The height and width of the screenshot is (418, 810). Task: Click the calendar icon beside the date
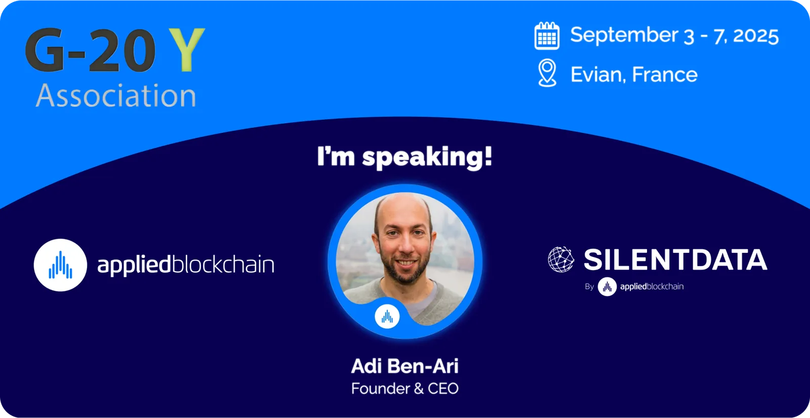pos(547,35)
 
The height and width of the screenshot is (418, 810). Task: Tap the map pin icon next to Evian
pos(547,73)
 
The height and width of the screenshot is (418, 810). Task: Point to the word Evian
pos(598,74)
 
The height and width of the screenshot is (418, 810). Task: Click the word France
pos(665,74)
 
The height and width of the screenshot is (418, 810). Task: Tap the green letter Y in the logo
pos(187,50)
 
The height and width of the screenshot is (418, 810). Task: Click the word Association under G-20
pos(116,96)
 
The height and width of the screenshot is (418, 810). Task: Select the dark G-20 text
pos(91,50)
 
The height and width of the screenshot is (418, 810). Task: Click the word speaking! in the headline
pos(427,158)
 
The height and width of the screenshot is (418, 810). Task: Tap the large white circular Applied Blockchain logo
pos(60,265)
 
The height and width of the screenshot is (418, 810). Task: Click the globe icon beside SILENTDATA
pos(561,259)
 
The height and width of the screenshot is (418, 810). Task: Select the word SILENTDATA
pos(675,259)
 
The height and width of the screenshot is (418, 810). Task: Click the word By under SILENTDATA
pos(589,287)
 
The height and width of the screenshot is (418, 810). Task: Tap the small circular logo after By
pos(607,287)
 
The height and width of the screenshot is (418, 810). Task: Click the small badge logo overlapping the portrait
pos(387,317)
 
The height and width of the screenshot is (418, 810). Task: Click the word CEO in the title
pos(443,389)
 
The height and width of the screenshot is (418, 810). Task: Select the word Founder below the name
pos(380,389)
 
